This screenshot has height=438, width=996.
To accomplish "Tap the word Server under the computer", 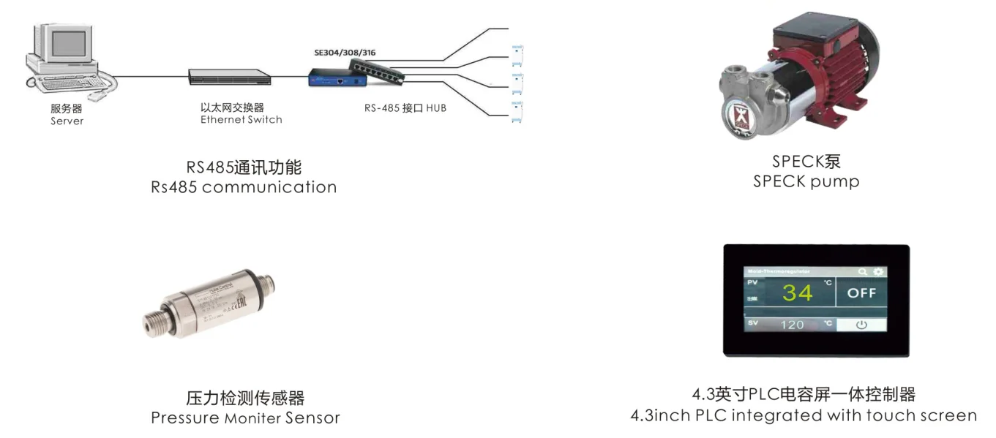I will coord(67,121).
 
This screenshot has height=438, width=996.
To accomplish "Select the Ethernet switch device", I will coord(230,75).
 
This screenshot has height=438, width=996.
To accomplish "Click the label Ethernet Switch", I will coord(241,120).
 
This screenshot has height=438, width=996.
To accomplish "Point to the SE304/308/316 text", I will coord(345,53).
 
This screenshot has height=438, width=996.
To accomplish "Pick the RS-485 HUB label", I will coord(405,108).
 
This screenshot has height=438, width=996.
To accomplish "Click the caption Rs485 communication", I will coord(244,187).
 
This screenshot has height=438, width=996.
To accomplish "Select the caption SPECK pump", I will coord(806,181).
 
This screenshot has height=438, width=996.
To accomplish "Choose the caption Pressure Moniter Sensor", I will coord(245,418).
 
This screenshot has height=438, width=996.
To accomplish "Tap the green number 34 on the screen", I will coord(797,293).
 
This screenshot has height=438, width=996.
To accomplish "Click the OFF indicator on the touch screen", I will coord(861,293).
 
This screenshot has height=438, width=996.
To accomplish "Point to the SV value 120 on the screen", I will coord(792,325).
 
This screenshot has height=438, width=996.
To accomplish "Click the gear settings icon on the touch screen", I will coord(878,272).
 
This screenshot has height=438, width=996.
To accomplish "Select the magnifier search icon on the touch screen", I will coord(864,272).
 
